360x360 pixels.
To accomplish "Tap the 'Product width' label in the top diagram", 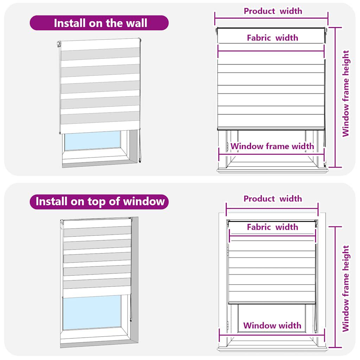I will click(x=273, y=11).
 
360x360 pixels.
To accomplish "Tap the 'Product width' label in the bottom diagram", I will click(x=273, y=199).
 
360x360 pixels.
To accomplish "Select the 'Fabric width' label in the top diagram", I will click(x=272, y=38).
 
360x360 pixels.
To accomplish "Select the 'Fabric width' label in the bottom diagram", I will click(x=272, y=227).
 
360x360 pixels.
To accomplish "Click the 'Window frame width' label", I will click(x=272, y=146).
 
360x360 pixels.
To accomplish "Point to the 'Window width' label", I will click(x=272, y=326).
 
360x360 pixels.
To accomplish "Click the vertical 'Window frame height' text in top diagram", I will click(x=346, y=94).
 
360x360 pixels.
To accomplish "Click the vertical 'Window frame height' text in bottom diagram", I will click(x=346, y=288).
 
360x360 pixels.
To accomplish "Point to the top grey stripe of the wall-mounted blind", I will click(x=99, y=54).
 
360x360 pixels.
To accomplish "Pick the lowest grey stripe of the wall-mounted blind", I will click(x=99, y=118).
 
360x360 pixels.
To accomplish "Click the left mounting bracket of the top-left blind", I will click(x=59, y=44).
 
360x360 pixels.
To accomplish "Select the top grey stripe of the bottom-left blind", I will click(x=97, y=231).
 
